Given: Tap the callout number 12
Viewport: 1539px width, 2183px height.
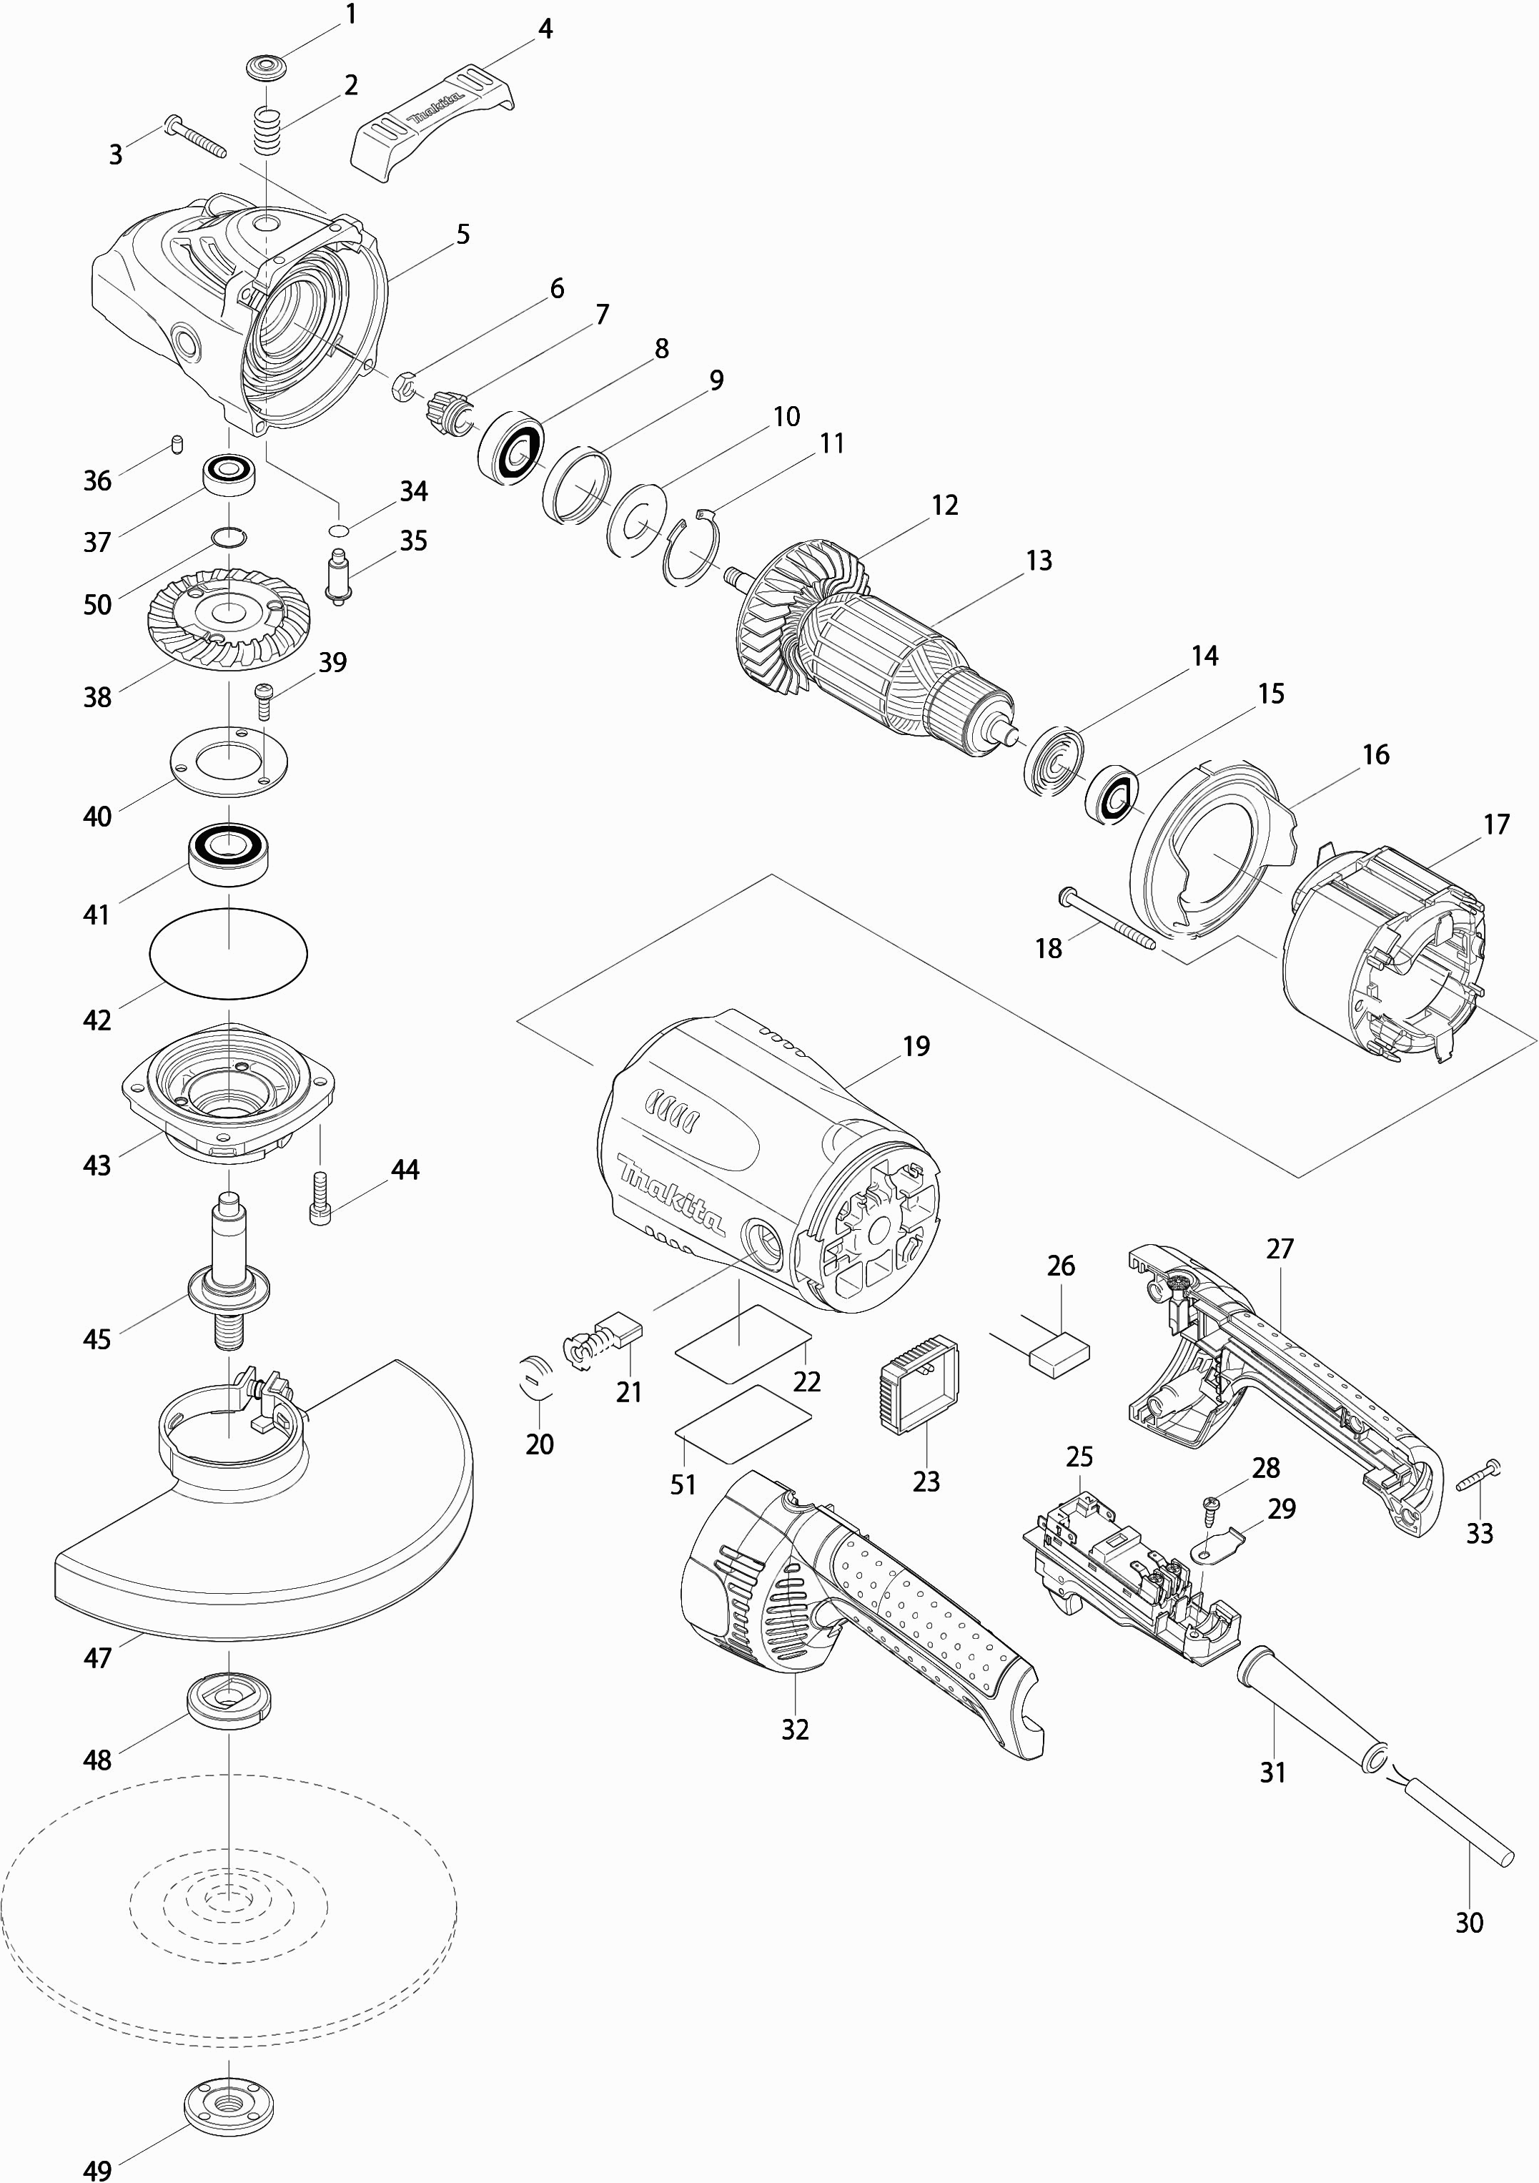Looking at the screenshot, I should pyautogui.click(x=944, y=505).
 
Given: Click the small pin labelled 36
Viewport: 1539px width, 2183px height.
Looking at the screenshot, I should pyautogui.click(x=176, y=443).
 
